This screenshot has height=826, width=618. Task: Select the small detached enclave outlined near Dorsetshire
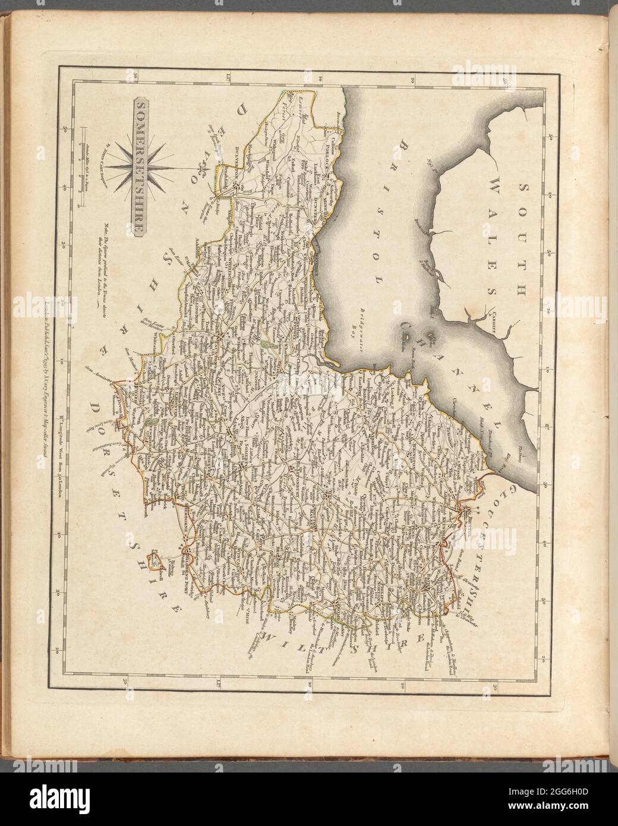tap(156, 559)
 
